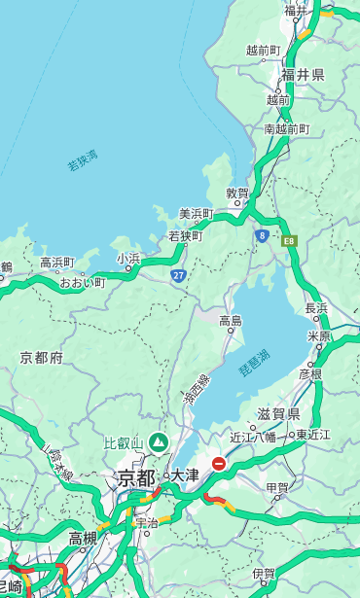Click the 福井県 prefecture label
click(303, 75)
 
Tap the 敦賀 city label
click(237, 193)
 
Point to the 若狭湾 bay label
click(83, 160)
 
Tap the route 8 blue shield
click(262, 235)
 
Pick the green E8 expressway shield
click(288, 240)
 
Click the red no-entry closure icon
click(219, 464)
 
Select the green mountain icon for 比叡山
click(158, 442)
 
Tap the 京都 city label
click(136, 477)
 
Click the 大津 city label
click(185, 476)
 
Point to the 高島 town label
click(231, 320)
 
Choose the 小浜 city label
click(128, 259)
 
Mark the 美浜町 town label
click(197, 213)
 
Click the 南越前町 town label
click(286, 128)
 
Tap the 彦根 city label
click(310, 373)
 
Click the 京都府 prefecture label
click(41, 358)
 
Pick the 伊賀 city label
click(264, 574)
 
